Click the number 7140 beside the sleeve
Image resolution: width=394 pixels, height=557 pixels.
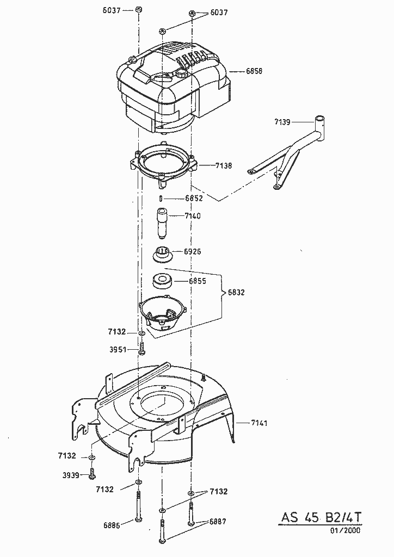192,216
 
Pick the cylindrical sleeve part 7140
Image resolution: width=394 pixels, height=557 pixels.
162,222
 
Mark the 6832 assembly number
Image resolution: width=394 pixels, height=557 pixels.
236,292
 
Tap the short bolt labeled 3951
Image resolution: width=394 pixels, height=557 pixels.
141,347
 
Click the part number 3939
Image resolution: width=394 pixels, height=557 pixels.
72,475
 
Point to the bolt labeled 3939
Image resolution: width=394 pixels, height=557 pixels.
92,473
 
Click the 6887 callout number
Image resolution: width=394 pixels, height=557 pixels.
217,521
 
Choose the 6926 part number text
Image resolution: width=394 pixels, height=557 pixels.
193,252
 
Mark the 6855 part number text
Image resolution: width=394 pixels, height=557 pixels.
198,281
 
